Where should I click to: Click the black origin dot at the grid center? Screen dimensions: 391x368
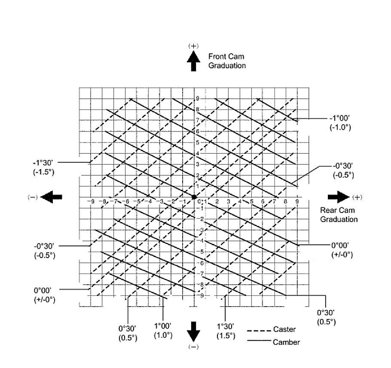pos(194,197)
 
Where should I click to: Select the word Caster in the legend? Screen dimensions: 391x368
pos(284,329)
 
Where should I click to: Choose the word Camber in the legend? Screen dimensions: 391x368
pos(286,342)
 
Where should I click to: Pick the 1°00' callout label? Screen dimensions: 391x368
pos(163,326)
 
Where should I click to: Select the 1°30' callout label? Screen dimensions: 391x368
pos(226,327)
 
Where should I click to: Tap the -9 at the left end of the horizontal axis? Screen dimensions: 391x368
pos(91,201)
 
